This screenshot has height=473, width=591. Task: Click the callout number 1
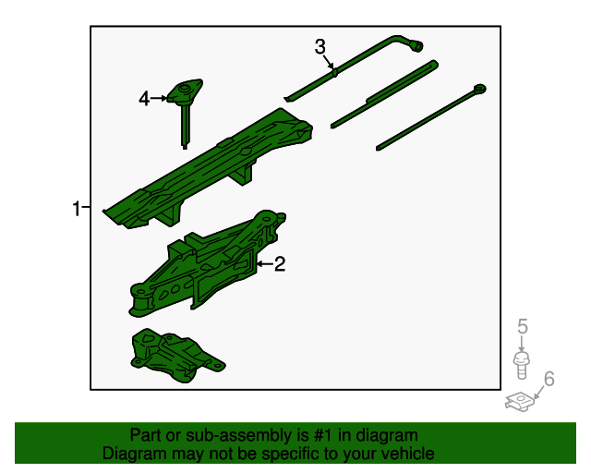point(77,209)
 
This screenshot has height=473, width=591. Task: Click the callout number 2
point(279,265)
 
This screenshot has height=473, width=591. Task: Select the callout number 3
point(320,47)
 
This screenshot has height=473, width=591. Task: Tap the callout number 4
point(144,98)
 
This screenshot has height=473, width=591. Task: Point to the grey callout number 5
point(522,326)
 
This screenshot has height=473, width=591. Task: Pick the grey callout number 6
point(549,378)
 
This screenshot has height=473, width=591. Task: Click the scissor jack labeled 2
point(208,268)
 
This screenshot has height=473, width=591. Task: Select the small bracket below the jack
point(174,355)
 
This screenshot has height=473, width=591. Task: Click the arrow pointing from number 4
point(158,98)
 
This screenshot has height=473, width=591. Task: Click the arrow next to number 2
point(263,265)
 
